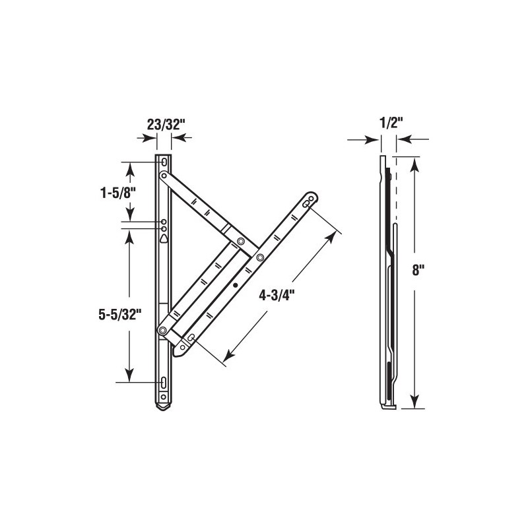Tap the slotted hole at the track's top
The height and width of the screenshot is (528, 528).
[164, 161]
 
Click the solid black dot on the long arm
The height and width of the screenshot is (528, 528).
[236, 285]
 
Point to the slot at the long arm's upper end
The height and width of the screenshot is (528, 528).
[308, 204]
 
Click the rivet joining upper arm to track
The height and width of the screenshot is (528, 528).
[164, 175]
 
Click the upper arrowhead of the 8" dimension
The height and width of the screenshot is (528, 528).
[414, 162]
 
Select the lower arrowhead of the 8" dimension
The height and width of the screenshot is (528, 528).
[414, 403]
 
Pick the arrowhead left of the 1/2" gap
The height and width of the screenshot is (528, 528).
[376, 139]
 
